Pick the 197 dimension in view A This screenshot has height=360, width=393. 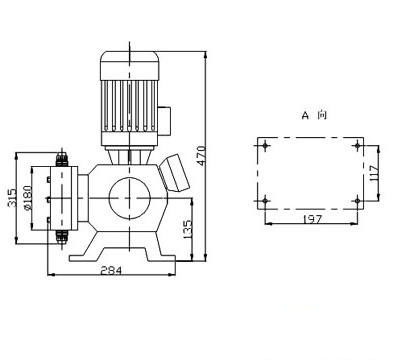click(x=312, y=217)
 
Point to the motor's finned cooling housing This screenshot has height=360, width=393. click(x=127, y=106)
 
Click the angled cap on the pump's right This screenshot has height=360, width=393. click(x=178, y=171)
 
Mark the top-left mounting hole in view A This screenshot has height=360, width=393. click(x=264, y=146)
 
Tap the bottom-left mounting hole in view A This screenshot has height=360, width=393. click(x=264, y=203)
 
